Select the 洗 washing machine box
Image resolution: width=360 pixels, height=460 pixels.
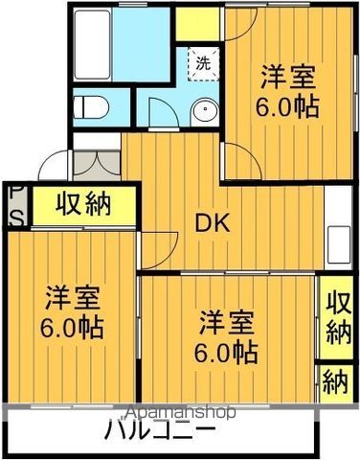204,64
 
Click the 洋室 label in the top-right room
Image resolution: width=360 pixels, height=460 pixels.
286,74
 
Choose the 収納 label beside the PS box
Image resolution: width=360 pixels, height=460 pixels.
82,204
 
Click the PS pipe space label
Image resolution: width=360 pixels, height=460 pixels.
16,204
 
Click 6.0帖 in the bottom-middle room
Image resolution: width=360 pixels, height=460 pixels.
226,350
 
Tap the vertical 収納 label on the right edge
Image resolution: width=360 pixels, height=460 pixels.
336,317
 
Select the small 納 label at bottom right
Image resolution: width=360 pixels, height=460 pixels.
336,384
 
